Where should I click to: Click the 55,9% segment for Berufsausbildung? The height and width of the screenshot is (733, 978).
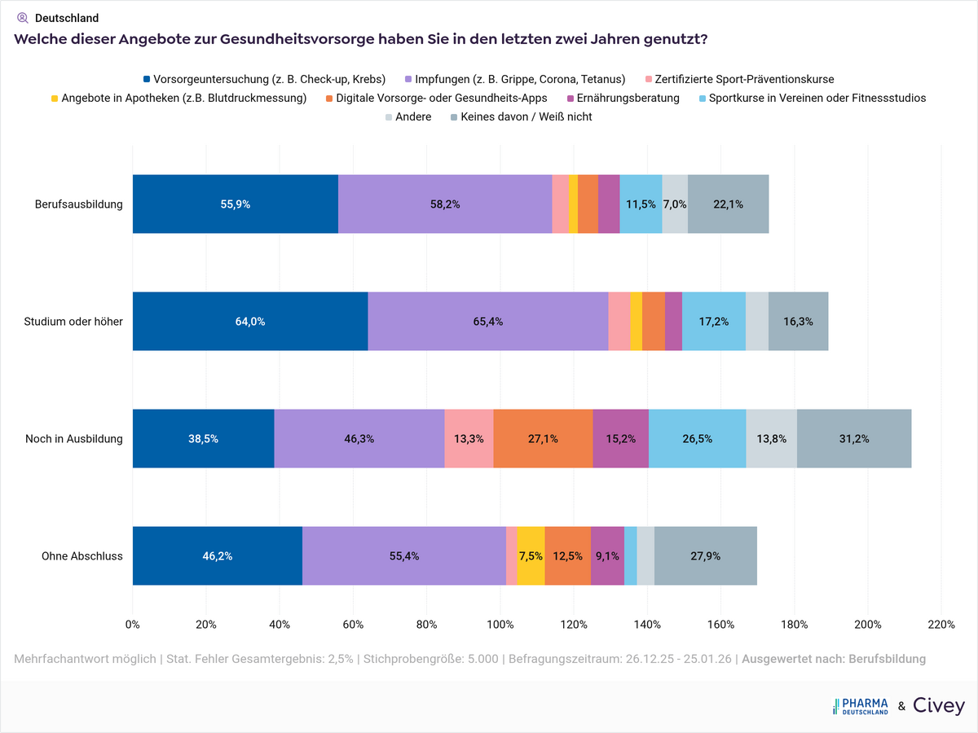click(236, 204)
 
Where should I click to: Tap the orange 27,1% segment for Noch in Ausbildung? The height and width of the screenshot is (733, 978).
click(543, 439)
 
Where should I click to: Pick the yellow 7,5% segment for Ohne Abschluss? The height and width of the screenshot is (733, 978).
click(531, 556)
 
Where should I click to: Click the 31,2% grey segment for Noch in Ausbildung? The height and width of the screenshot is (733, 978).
click(854, 439)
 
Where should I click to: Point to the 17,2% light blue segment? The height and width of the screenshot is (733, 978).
click(714, 322)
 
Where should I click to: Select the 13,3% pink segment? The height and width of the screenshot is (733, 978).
click(469, 439)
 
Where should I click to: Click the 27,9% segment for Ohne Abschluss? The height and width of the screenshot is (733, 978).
click(705, 556)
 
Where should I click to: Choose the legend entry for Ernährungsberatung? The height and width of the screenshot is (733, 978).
click(628, 98)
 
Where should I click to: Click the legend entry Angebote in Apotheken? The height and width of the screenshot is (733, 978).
click(183, 98)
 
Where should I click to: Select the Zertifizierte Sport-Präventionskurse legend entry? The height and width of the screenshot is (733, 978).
click(744, 79)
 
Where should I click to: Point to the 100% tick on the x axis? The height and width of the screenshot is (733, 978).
click(500, 625)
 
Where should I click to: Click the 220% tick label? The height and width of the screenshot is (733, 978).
click(941, 625)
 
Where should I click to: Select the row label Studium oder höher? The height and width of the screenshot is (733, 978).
click(73, 322)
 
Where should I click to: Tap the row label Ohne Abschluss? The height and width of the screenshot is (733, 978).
click(81, 556)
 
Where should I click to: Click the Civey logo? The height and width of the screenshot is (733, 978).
click(939, 706)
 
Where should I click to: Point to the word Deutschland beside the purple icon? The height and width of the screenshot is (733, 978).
click(67, 18)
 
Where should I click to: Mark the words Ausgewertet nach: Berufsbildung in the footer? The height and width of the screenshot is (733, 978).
click(834, 658)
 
